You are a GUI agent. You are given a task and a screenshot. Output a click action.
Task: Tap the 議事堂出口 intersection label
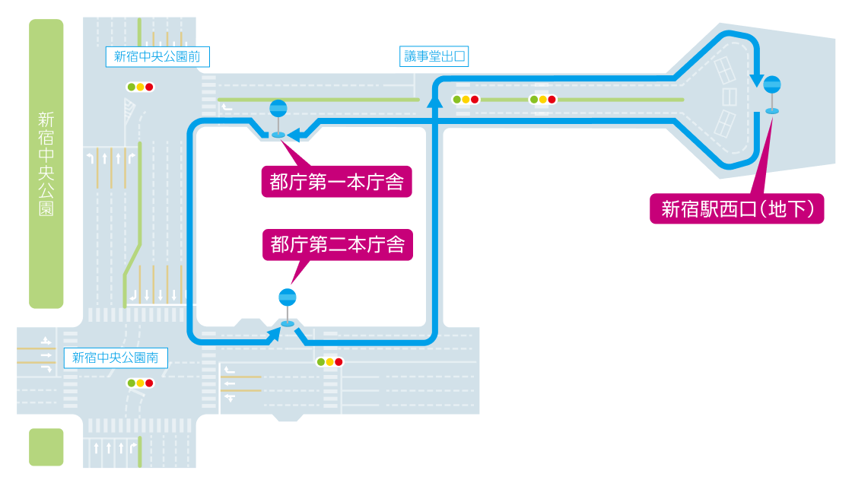[x=433, y=56]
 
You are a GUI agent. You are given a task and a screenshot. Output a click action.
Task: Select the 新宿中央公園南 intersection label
[x=115, y=358]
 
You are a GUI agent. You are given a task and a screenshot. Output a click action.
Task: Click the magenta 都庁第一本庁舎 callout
[x=336, y=182]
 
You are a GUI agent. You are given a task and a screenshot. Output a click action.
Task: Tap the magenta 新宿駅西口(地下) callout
[x=737, y=208]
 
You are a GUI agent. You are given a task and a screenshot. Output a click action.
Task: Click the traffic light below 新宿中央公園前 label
[x=140, y=87]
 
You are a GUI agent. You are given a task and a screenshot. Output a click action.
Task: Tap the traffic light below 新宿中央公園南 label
[x=140, y=383]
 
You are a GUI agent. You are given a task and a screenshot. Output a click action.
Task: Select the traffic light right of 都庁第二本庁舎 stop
[x=329, y=362]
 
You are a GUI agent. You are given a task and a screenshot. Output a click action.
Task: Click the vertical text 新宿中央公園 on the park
[x=46, y=164]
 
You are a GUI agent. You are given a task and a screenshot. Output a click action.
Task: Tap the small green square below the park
[x=46, y=447]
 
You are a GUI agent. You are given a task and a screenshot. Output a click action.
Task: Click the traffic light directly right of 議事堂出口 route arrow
[x=466, y=100]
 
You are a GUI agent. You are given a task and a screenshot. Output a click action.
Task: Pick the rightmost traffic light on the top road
[x=543, y=100]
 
